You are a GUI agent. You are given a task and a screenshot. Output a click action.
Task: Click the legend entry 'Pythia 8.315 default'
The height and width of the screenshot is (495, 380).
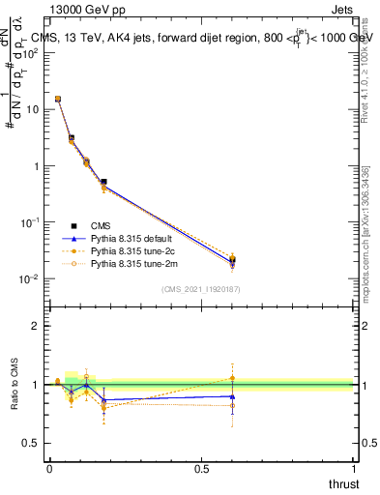point(130,238)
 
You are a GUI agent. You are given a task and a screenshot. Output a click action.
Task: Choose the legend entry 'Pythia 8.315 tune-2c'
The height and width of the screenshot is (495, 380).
point(131,250)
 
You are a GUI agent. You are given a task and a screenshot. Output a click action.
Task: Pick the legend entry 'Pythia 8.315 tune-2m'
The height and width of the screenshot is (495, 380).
point(131,263)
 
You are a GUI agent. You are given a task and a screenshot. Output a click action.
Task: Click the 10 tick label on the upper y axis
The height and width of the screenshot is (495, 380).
point(34,109)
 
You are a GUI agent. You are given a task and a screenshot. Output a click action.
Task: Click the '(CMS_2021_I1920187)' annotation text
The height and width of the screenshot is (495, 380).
point(202,288)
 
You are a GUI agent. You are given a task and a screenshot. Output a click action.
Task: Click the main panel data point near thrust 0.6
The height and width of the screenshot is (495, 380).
point(232,260)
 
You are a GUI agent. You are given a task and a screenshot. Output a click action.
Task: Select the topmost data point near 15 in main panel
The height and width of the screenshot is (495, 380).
point(58,99)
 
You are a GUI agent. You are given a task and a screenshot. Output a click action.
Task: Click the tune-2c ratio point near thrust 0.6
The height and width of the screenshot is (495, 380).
point(232,378)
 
